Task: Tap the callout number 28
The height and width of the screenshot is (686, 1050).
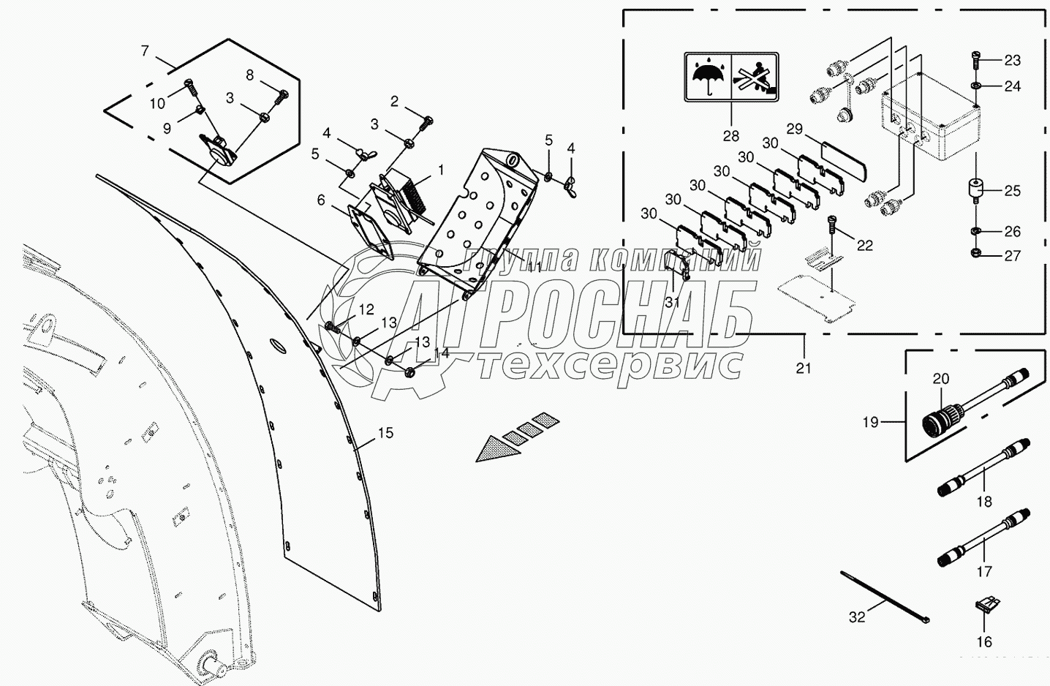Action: point(730,135)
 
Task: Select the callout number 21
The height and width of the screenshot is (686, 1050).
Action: point(804,368)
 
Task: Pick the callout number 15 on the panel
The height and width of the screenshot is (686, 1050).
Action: point(385,433)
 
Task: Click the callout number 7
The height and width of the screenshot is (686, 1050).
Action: point(145,50)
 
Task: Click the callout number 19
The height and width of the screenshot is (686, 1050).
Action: point(870,422)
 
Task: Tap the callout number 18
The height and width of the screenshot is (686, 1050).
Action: point(984,501)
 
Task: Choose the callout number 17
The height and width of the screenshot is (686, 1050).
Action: point(984,571)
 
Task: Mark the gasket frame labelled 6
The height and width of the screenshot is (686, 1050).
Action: point(369,228)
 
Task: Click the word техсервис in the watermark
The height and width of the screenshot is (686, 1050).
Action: point(610,363)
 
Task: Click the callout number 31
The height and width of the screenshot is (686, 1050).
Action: point(673,302)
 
